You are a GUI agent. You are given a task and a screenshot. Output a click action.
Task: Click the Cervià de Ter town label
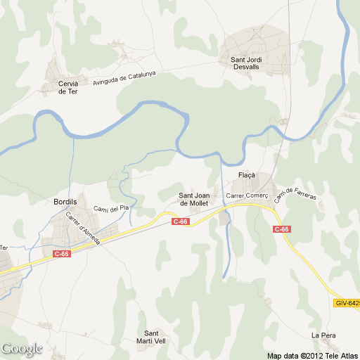(68, 87)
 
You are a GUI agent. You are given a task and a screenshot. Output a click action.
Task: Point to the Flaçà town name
(247, 175)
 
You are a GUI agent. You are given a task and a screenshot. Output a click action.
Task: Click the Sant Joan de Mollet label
(194, 199)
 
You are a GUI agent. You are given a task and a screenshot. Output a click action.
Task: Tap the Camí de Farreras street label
(295, 195)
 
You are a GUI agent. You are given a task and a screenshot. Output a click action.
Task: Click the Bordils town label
(65, 201)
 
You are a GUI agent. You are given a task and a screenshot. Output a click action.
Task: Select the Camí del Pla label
(112, 209)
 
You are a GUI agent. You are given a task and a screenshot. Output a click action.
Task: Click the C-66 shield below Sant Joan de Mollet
(181, 221)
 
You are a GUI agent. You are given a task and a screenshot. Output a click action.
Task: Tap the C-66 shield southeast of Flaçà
(282, 229)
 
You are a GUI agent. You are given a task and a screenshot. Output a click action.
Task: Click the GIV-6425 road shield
(347, 303)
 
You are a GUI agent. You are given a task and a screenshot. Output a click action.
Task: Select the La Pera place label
(321, 335)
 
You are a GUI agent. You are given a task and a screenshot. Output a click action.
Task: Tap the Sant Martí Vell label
(151, 337)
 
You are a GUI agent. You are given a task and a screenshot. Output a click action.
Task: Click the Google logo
(22, 349)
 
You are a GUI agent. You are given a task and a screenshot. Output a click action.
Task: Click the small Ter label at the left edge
(3, 247)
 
